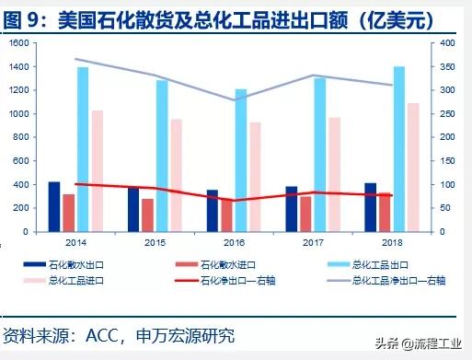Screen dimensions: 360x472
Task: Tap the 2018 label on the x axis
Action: (392, 242)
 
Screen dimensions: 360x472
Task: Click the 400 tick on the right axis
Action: (445, 43)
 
